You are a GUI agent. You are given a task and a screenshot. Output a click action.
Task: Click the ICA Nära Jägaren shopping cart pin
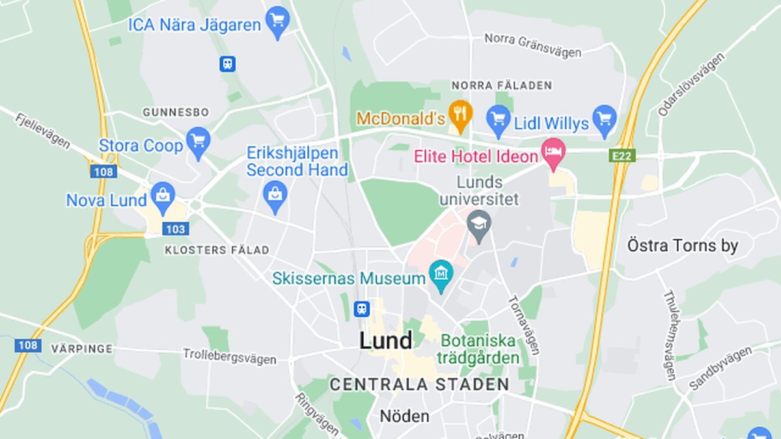278,21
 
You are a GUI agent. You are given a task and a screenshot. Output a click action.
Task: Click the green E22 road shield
622,156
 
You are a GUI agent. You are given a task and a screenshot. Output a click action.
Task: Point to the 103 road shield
176,229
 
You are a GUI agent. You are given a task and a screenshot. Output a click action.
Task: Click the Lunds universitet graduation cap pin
480,225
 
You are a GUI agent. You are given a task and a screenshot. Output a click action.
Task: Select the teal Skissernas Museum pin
441,276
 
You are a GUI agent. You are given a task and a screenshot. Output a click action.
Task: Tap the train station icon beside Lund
361,309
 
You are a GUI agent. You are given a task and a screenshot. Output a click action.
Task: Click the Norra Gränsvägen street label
532,46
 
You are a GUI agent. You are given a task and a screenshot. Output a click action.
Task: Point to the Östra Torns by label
683,246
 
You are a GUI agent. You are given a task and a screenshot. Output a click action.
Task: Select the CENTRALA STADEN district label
419,384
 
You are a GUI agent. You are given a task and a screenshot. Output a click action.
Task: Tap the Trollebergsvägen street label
229,356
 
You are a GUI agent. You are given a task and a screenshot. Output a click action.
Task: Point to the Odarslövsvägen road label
691,85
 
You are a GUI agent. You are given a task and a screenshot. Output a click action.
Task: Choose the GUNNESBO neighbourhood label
176,113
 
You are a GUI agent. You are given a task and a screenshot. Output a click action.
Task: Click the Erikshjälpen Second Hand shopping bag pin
275,196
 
